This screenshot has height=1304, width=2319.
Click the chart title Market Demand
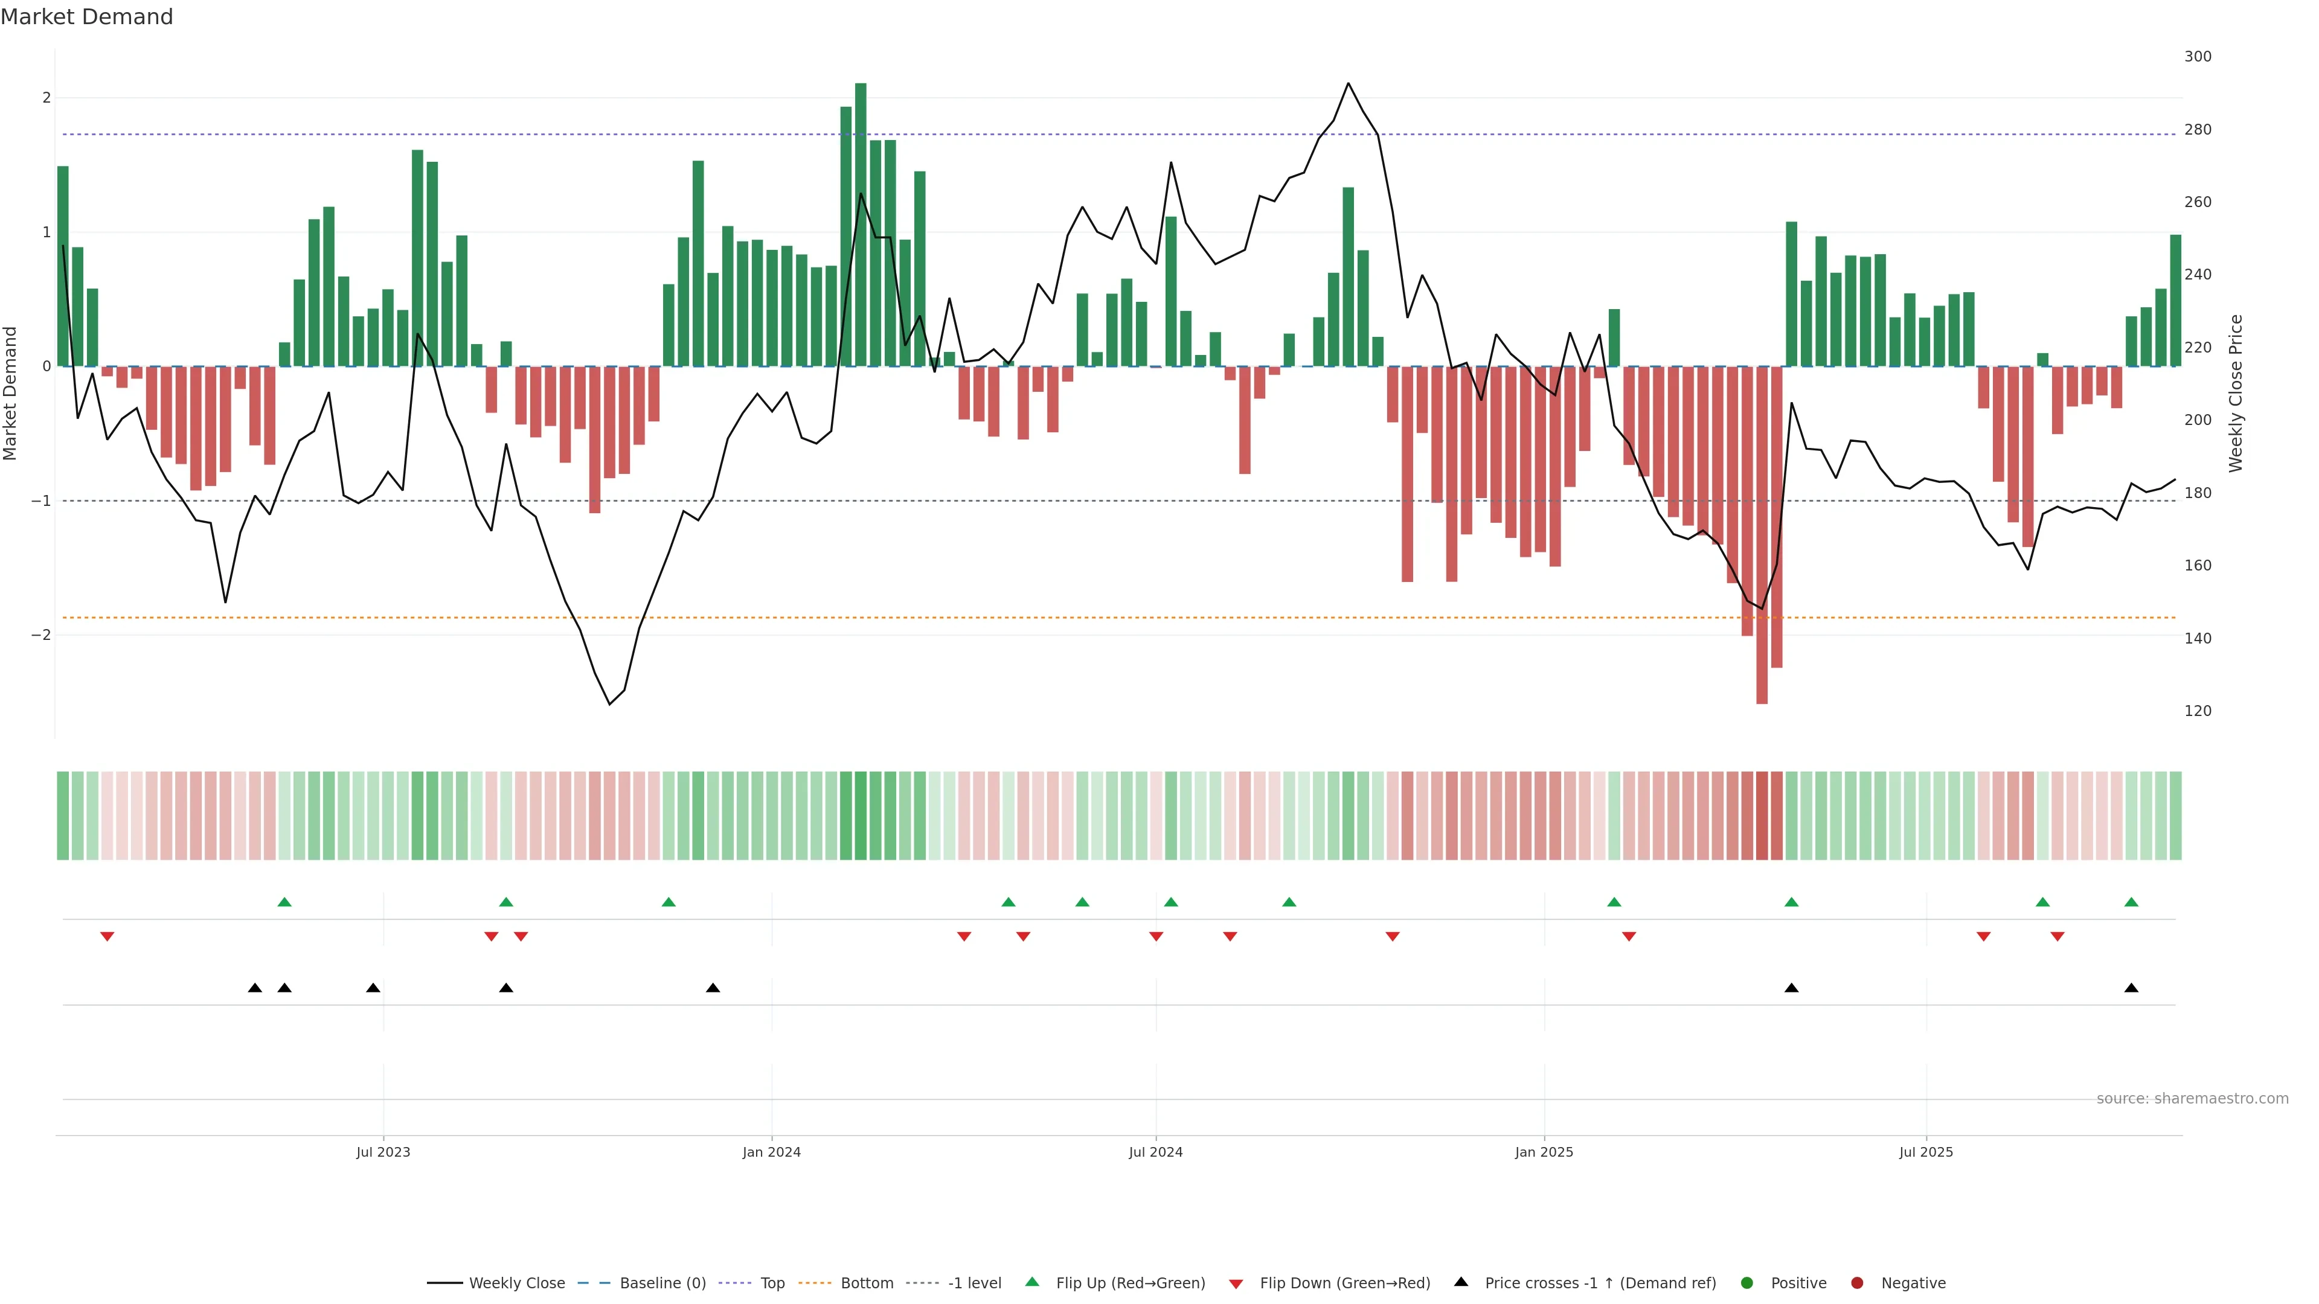86,17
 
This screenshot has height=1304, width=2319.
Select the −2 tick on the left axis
42,635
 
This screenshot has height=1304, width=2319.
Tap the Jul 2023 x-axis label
383,1152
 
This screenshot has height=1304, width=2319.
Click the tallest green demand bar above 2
861,225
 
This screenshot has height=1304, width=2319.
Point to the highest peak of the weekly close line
1348,84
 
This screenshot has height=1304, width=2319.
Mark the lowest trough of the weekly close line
609,704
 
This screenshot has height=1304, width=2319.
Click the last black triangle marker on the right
2131,988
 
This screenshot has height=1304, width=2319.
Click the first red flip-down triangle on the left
107,937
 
